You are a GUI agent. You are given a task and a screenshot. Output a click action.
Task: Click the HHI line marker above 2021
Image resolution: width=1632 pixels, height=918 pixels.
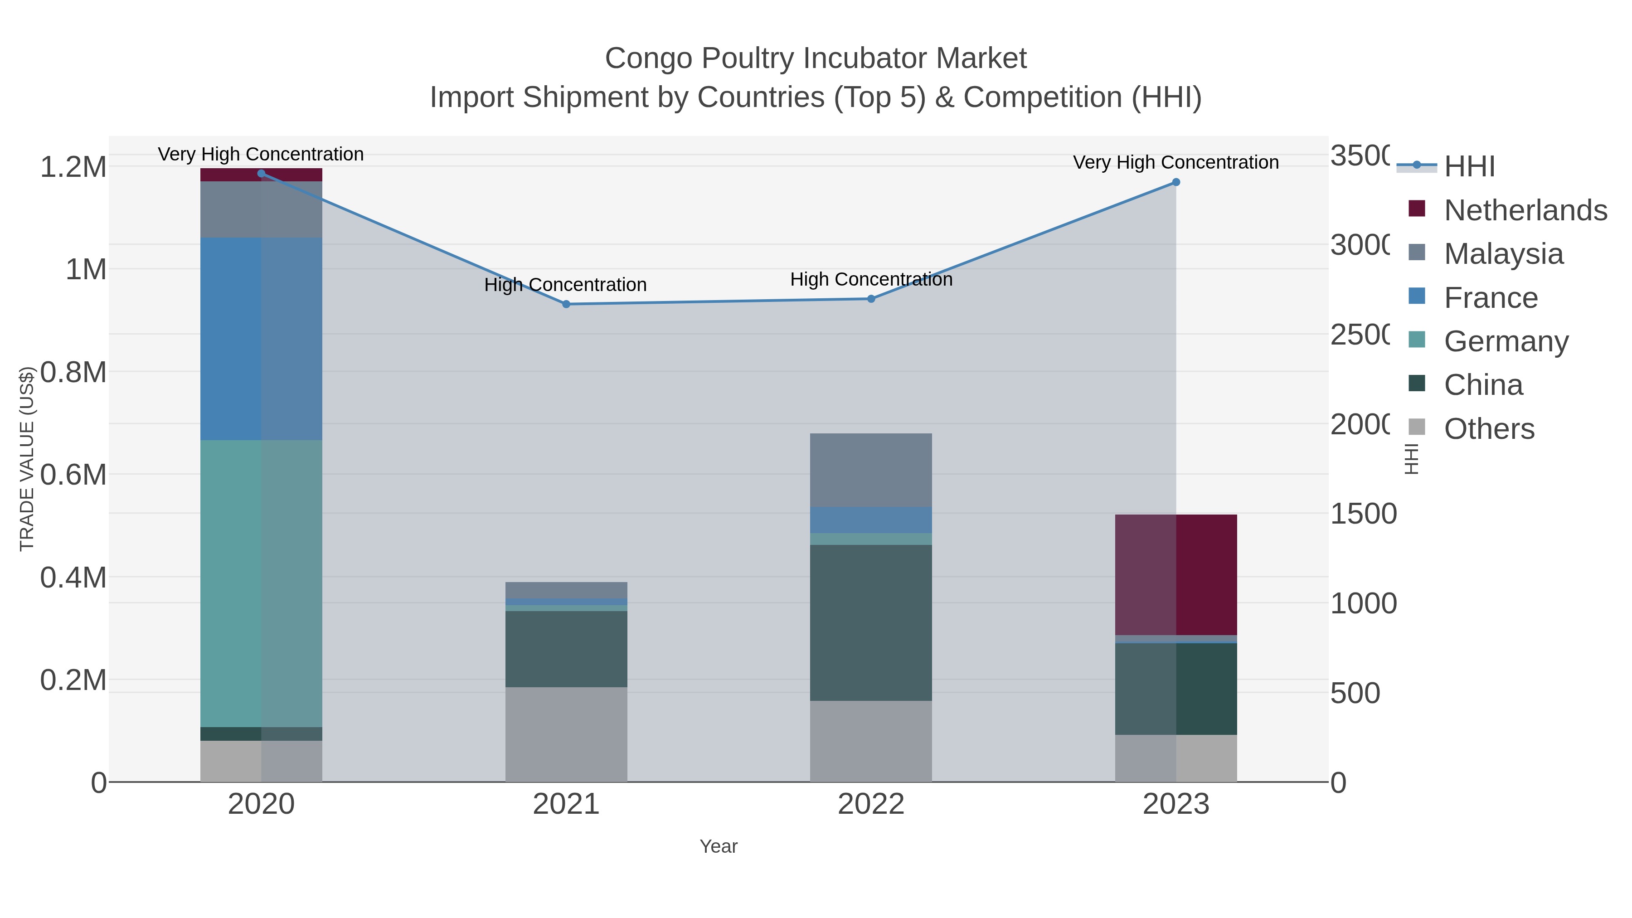(x=566, y=304)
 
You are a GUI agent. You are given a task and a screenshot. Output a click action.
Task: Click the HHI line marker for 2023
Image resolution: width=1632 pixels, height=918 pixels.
(x=1176, y=182)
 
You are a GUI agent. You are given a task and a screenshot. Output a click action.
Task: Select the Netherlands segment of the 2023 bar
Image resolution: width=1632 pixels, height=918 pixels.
(x=1176, y=574)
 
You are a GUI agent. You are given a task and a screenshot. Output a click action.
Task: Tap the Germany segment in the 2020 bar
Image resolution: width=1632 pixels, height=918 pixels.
(x=261, y=583)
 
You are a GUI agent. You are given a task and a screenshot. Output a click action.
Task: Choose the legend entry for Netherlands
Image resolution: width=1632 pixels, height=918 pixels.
(x=1525, y=210)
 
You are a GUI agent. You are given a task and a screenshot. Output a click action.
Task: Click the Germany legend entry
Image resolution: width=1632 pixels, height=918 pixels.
(x=1506, y=341)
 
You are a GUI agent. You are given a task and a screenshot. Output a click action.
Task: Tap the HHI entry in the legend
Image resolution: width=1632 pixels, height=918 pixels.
(x=1469, y=166)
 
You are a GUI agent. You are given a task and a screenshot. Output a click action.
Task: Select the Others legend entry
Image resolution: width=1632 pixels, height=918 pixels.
(x=1489, y=428)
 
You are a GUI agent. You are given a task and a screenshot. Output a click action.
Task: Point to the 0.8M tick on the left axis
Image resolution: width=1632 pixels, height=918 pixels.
(x=73, y=373)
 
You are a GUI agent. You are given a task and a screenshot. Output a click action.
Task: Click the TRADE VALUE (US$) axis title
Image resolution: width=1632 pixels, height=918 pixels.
(x=27, y=459)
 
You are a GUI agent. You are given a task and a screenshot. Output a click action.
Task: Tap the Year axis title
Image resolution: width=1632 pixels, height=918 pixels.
(x=719, y=846)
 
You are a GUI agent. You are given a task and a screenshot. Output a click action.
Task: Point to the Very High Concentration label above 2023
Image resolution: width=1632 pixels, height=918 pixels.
(x=1176, y=162)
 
